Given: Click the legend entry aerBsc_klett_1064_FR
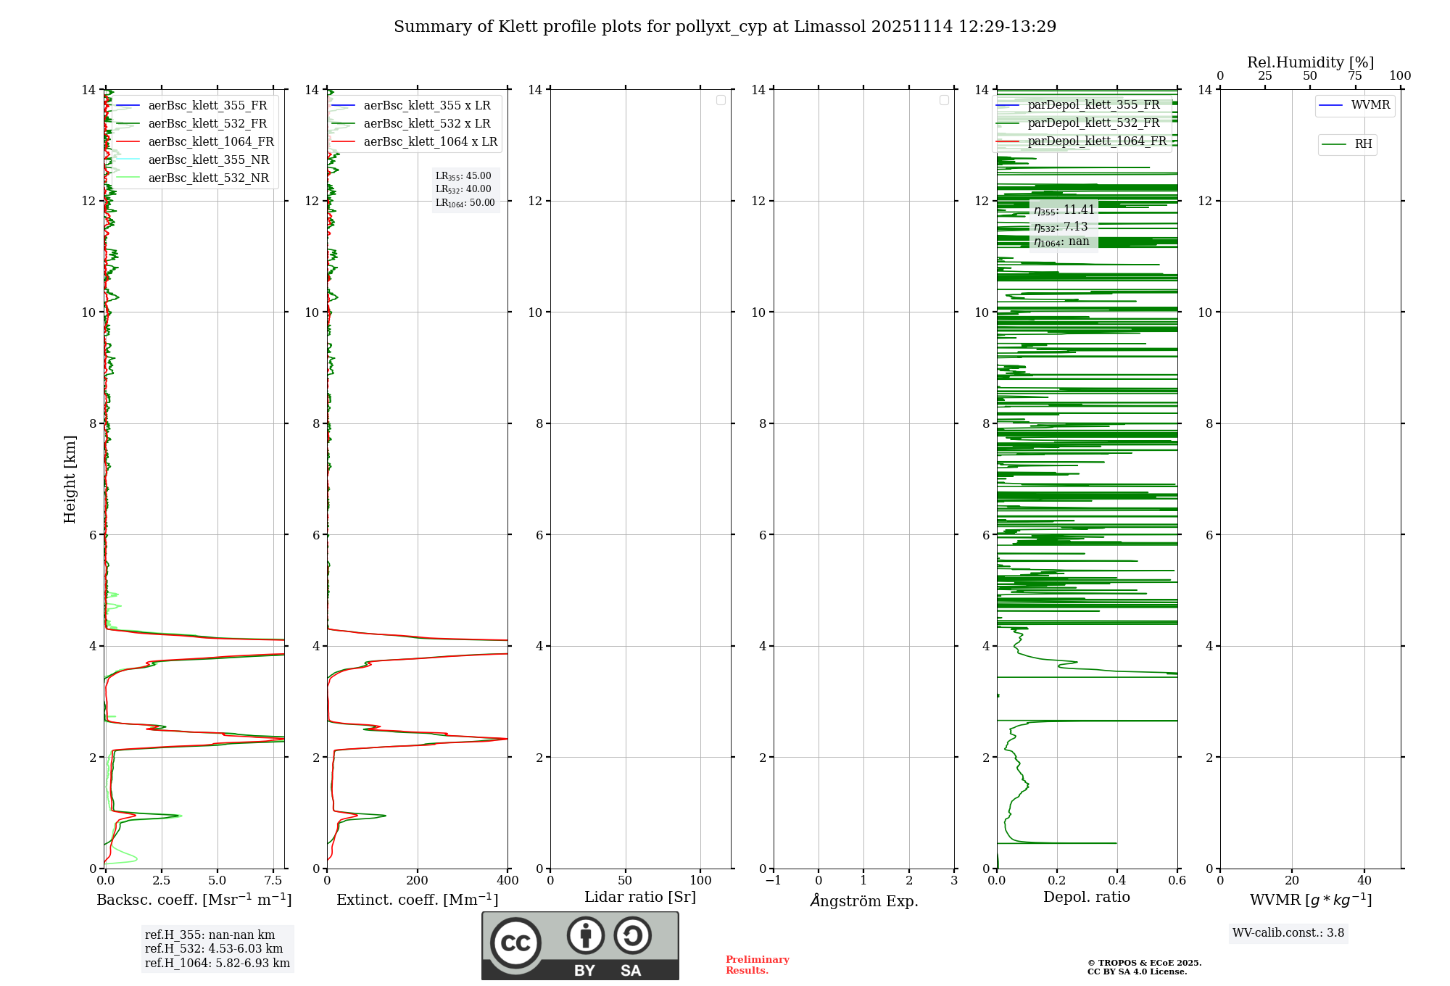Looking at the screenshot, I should coord(211,142).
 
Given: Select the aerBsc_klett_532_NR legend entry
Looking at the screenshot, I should coord(208,178).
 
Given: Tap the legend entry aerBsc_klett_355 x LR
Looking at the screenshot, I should coord(427,106).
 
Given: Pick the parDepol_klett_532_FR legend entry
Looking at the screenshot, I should coord(1093,123).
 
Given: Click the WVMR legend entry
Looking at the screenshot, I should coord(1370,105).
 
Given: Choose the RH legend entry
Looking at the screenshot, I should coord(1363,144).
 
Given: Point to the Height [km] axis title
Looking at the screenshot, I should coord(70,479).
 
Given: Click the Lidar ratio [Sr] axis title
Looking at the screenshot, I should coord(640,898).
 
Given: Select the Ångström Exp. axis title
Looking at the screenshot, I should coord(864,901).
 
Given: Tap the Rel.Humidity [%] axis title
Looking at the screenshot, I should coord(1310,62).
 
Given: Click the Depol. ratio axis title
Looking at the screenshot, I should coord(1086,898).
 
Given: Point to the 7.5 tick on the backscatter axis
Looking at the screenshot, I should coord(273,881).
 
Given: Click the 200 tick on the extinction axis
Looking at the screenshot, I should coord(418,881).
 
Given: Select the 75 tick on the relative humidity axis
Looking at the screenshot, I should coord(1354,76).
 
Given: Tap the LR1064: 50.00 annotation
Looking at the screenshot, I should coord(465,203).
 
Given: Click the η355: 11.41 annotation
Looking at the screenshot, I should coord(1064,210).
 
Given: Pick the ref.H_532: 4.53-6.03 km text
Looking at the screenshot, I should coord(214,949).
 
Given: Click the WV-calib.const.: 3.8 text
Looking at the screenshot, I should coord(1288,933).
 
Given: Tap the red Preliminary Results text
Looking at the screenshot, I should coord(757,965).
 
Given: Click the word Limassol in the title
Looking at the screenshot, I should coord(829,27).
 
